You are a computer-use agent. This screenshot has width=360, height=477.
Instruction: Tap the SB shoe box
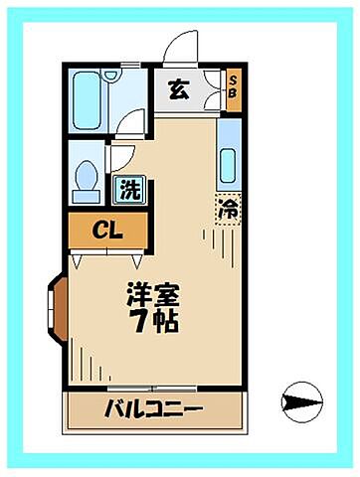(233, 89)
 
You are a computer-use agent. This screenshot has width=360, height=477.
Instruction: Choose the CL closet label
(107, 230)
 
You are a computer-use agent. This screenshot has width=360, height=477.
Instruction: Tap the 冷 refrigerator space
(228, 210)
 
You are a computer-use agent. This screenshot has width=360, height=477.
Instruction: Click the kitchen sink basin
(227, 164)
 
